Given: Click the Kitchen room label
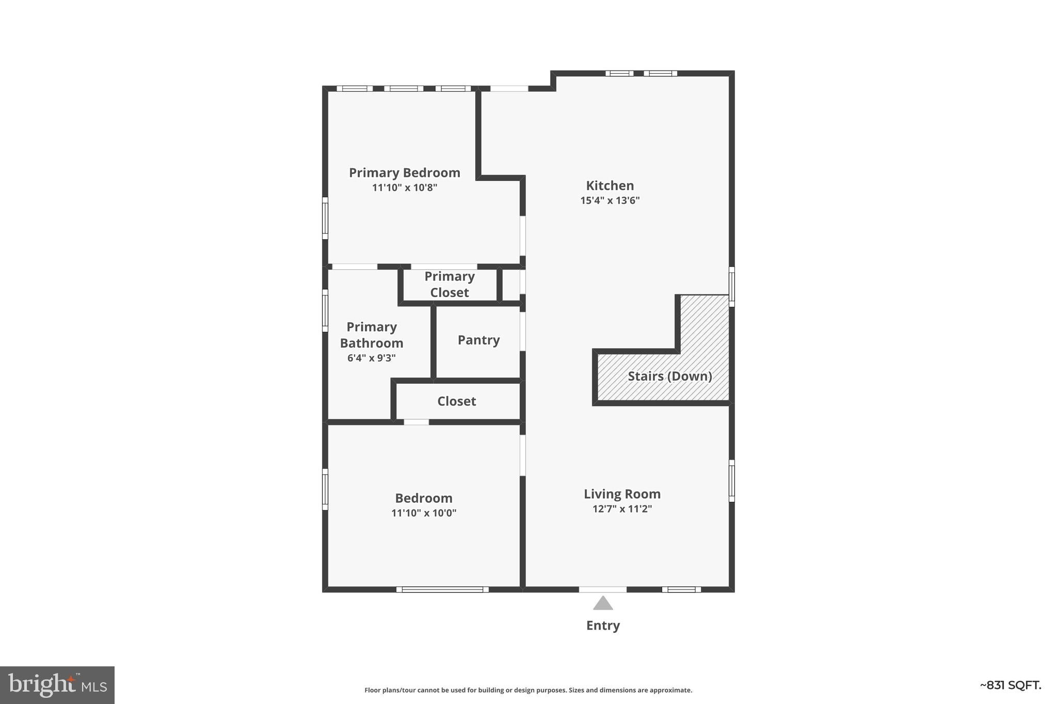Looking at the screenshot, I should (610, 186).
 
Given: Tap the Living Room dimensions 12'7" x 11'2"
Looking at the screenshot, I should (622, 509).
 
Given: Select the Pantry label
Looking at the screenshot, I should (478, 340).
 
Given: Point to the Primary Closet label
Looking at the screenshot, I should (449, 284).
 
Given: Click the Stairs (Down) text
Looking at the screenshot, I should (669, 376).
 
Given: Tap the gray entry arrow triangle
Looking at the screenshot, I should (602, 603).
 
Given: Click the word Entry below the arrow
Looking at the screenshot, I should (602, 626).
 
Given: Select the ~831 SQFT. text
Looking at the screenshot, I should (1010, 685).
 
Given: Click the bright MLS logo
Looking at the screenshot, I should (57, 685).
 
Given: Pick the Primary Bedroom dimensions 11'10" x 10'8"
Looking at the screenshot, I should (404, 188).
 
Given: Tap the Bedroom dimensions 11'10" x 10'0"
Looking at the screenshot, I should (423, 513).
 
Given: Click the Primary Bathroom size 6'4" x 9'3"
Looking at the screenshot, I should (371, 358).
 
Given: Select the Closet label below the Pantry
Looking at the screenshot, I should (456, 401).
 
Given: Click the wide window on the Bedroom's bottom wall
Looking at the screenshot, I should (442, 590).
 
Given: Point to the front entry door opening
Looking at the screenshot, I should (602, 590).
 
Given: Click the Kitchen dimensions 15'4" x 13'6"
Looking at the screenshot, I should (610, 201).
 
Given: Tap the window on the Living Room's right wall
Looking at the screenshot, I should (731, 481).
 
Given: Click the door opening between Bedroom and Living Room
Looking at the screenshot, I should (522, 455).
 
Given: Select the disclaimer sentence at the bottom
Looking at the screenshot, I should (528, 690).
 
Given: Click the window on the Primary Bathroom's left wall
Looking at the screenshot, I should (325, 310).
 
